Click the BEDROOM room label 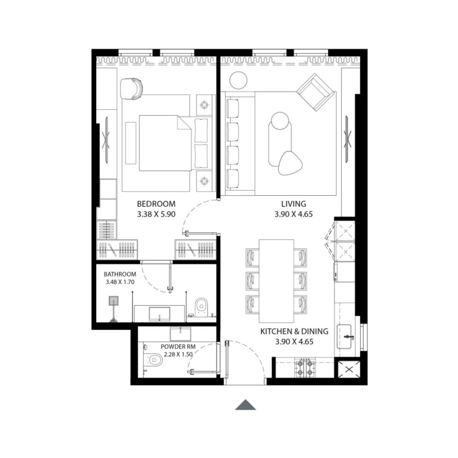pos(156,204)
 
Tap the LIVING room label pos(293,204)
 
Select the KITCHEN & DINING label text pos(294,331)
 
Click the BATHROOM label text pos(120,274)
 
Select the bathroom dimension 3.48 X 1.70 pos(120,282)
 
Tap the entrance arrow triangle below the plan pos(245,405)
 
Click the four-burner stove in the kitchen pos(304,367)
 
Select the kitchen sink pos(346,336)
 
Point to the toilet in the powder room pos(155,359)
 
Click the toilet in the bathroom pos(201,306)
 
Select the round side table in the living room pos(239,80)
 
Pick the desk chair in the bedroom pos(132,89)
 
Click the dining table pos(277,281)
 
